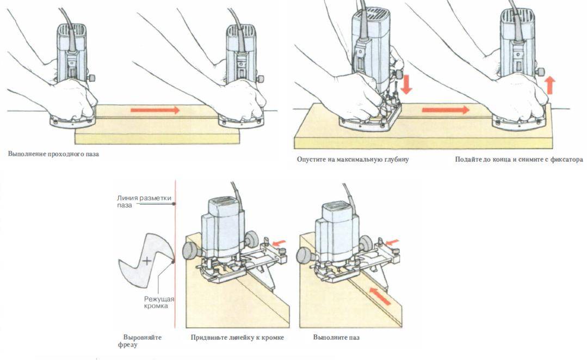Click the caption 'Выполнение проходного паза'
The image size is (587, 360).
pyautogui.click(x=54, y=154)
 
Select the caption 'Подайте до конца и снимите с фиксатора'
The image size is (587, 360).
pyautogui.click(x=518, y=160)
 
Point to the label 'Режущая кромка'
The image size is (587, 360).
pyautogui.click(x=156, y=302)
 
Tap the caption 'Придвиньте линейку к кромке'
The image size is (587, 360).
pyautogui.click(x=237, y=338)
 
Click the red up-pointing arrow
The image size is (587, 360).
pyautogui.click(x=550, y=86)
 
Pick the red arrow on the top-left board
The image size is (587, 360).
pyautogui.click(x=155, y=110)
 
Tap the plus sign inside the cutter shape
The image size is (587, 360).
pyautogui.click(x=146, y=261)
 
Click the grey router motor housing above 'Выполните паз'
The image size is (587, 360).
pyautogui.click(x=337, y=223)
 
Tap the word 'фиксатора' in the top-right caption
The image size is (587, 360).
pyautogui.click(x=565, y=160)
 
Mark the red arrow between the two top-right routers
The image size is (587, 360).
pyautogui.click(x=446, y=110)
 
